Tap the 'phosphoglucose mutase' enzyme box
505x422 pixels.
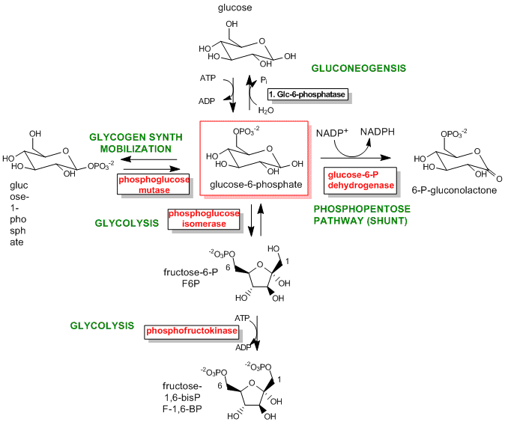pos(152,184)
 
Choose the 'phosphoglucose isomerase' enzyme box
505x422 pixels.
pos(204,219)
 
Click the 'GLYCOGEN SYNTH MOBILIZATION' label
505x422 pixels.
pos(131,143)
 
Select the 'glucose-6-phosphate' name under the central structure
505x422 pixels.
pos(252,183)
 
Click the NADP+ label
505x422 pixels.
pos(331,133)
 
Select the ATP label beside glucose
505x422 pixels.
pos(208,78)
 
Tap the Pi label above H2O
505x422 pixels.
pos(264,79)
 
